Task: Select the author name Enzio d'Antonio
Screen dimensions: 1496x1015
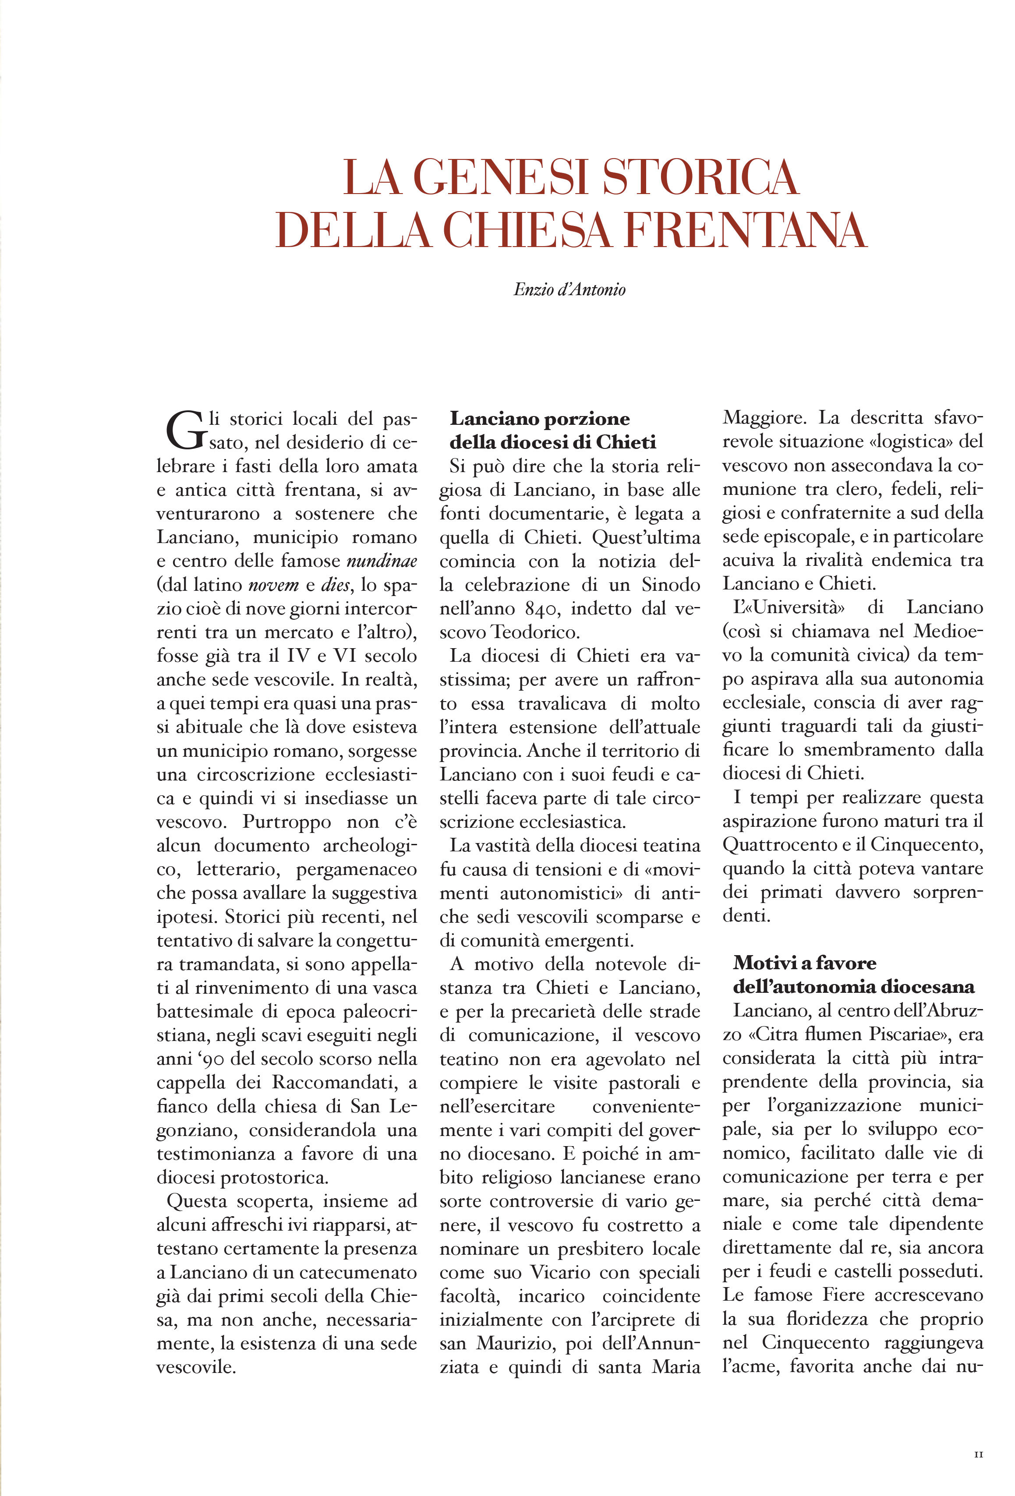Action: point(569,289)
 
